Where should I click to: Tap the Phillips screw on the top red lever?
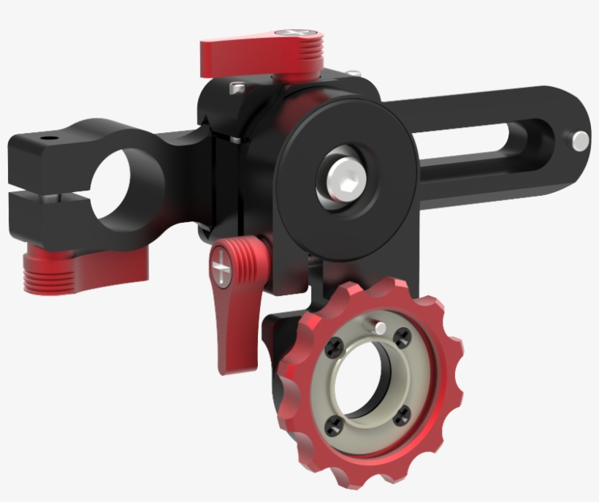point(298,34)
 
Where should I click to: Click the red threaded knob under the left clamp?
point(56,270)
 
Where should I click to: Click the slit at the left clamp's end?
point(29,195)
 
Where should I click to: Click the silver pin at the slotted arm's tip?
point(581,139)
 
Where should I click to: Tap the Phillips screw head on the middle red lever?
point(224,270)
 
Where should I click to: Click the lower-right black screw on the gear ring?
point(401,418)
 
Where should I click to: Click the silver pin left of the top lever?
point(236,87)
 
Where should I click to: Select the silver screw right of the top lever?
point(353,73)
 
